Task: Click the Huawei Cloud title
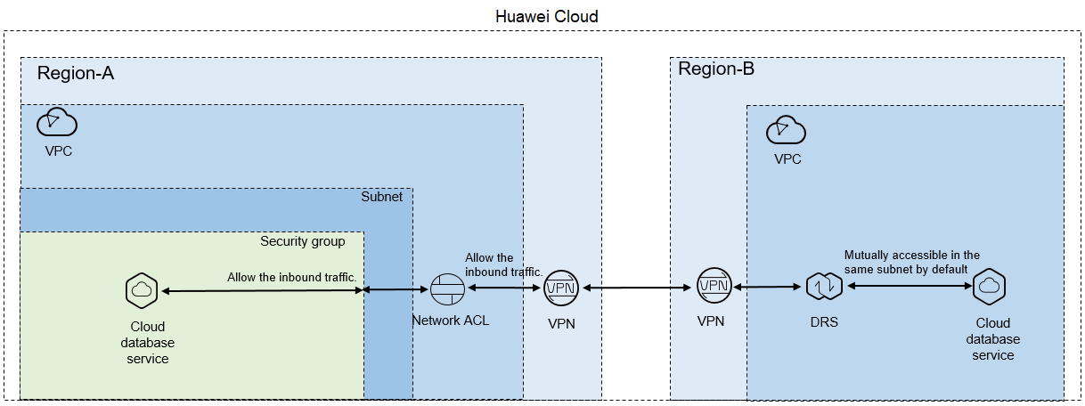546,16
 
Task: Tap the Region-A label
76,73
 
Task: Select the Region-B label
716,69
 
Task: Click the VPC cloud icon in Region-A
57,122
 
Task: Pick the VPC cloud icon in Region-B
786,130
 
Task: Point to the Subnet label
381,197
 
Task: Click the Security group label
302,241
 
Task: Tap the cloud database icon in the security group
142,290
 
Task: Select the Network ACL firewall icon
447,289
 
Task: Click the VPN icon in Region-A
561,288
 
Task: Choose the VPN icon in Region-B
714,286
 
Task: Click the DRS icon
824,286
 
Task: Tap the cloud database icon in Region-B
989,287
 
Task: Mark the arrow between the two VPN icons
637,288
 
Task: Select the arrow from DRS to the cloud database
910,286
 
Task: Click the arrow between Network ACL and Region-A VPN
504,288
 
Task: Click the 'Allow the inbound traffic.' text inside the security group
291,277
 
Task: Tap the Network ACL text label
451,321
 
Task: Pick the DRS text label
824,321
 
